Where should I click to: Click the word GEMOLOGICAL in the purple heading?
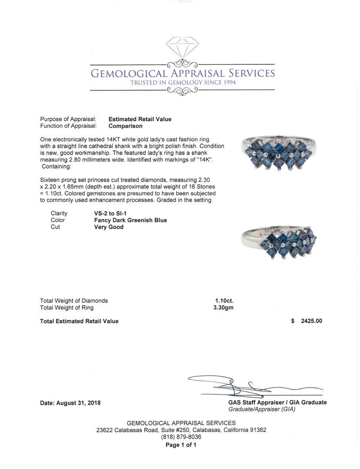tap(128, 73)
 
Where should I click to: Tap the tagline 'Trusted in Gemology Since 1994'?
tap(183, 83)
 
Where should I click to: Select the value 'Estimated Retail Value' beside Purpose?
tap(140, 119)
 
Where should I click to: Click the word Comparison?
tap(126, 126)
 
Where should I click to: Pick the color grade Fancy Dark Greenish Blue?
tap(130, 220)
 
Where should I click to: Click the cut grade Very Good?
tap(109, 227)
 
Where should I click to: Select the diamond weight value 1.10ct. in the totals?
tap(224, 301)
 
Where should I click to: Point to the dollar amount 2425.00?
tap(311, 321)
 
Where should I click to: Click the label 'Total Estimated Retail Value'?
tap(79, 321)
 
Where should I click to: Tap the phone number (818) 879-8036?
tap(181, 437)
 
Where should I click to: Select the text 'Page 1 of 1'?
tap(181, 445)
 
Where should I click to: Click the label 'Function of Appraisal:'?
tap(68, 126)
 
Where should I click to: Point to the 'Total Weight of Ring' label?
tap(66, 307)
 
